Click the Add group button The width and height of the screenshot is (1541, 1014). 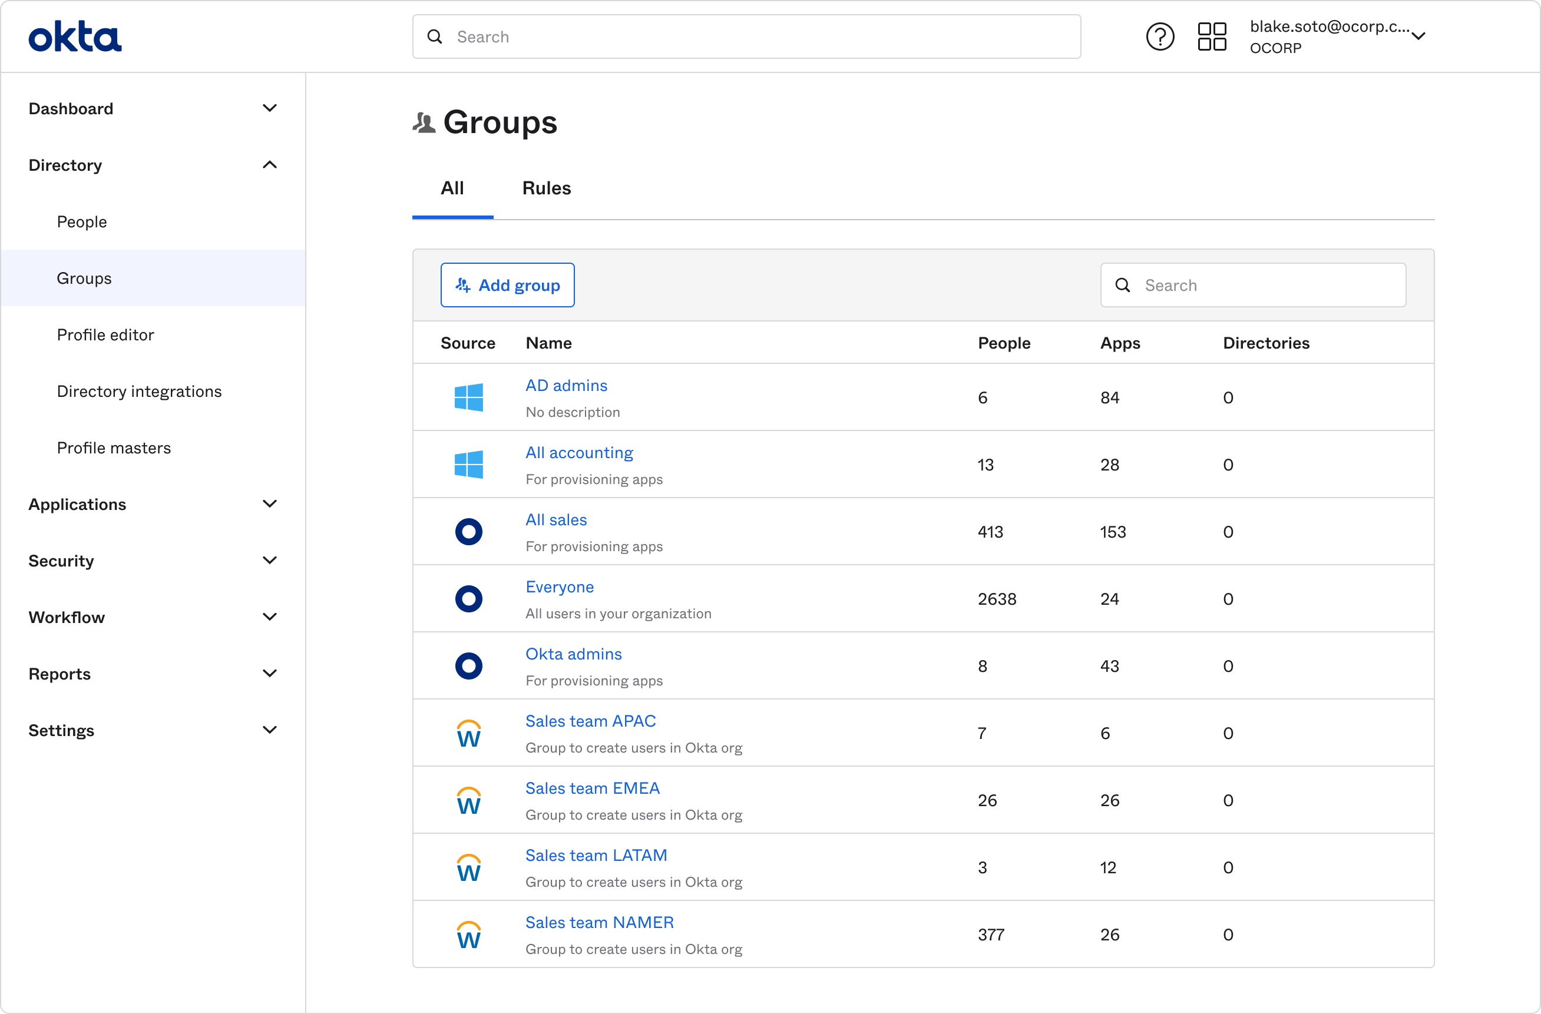(x=507, y=285)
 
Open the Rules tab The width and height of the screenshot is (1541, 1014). (x=546, y=188)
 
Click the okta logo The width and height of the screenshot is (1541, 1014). (x=75, y=37)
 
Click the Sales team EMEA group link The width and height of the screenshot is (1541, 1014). (x=592, y=787)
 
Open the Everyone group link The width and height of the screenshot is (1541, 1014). (x=559, y=586)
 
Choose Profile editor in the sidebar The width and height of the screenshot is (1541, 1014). (x=105, y=334)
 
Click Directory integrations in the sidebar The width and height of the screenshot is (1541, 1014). (x=138, y=391)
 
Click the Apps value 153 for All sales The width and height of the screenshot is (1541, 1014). (x=1112, y=531)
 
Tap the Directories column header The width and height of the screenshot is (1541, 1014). (x=1265, y=343)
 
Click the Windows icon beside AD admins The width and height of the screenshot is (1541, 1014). (x=468, y=397)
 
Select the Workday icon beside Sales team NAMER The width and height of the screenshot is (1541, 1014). (x=468, y=934)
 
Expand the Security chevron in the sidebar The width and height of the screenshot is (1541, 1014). (x=269, y=560)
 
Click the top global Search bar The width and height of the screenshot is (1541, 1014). (x=746, y=37)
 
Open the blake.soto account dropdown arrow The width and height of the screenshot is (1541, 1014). (x=1417, y=37)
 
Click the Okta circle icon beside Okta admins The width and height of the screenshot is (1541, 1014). (x=468, y=665)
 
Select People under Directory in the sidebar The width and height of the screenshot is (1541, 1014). (x=81, y=221)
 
